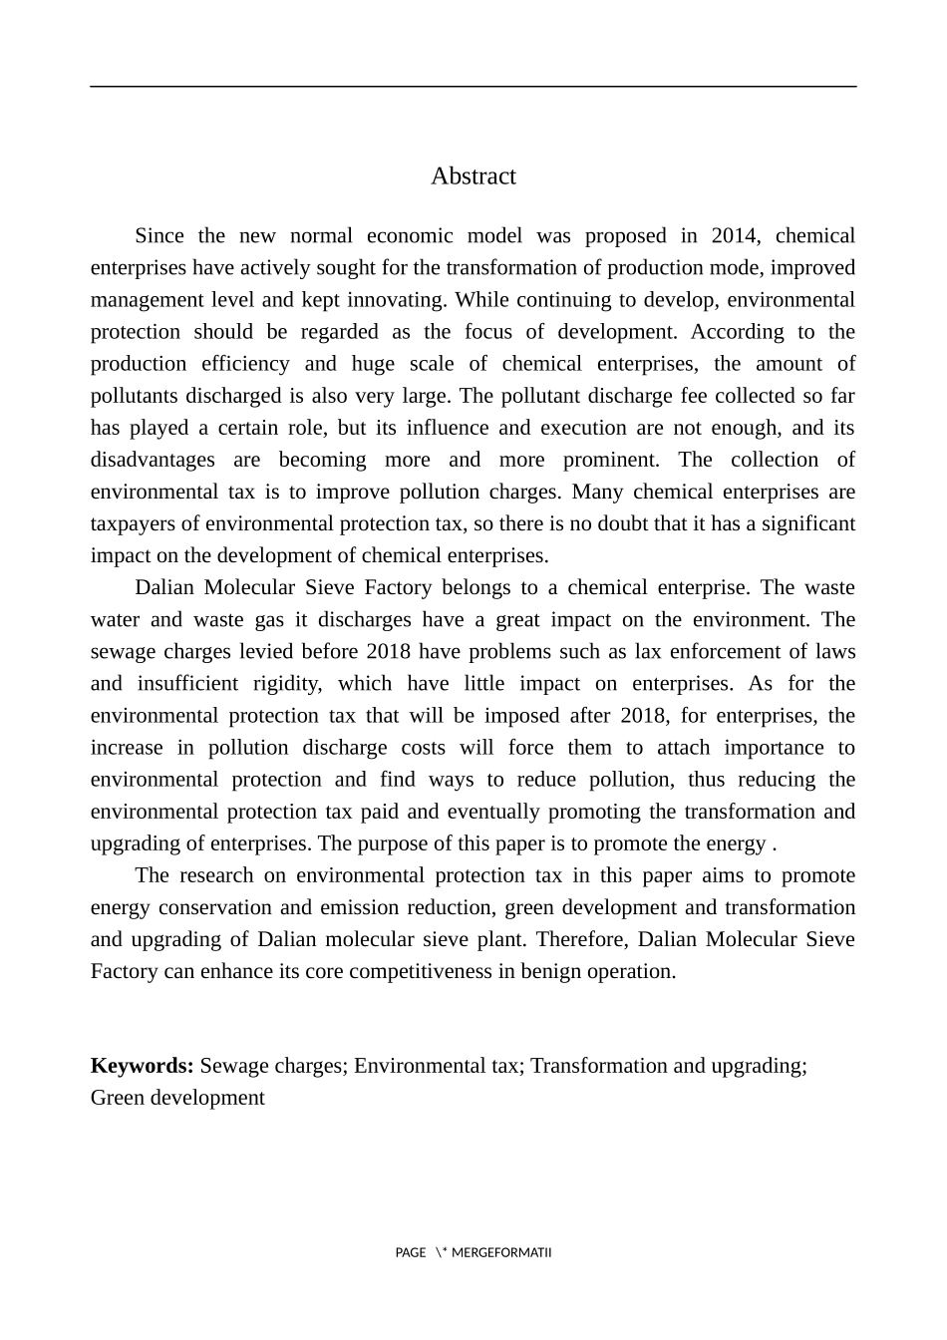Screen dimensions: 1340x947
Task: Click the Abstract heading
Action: click(x=473, y=176)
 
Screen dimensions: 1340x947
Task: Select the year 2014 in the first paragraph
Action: click(x=734, y=236)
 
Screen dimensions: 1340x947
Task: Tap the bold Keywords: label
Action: click(x=142, y=1066)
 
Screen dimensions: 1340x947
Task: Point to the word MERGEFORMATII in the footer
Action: click(x=501, y=1253)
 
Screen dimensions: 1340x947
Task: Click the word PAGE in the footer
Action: click(x=411, y=1253)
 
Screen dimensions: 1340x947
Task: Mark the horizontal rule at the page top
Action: click(x=473, y=87)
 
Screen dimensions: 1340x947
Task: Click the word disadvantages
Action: click(x=153, y=460)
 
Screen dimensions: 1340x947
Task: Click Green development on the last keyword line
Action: click(x=177, y=1098)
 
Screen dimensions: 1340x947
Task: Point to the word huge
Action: click(x=373, y=364)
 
